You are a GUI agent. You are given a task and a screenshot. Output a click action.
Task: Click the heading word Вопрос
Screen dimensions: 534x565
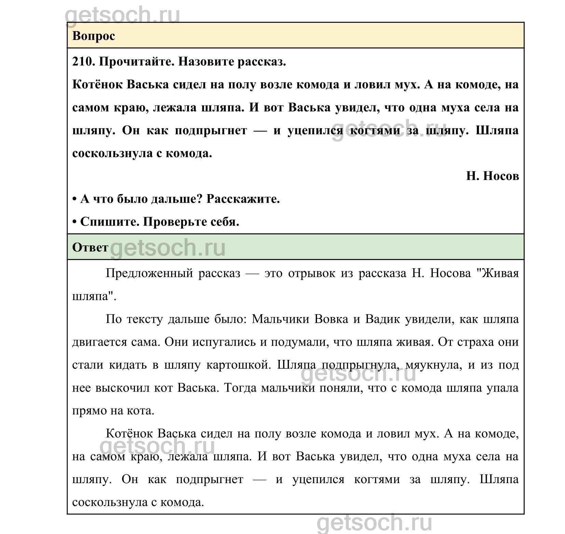click(x=94, y=36)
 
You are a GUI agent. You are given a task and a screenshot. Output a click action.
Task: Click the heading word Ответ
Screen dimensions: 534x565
click(x=90, y=247)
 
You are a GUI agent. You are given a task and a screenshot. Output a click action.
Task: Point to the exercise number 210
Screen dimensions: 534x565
click(x=82, y=62)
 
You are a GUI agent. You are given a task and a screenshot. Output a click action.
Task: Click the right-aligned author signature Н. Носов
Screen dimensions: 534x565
click(x=492, y=176)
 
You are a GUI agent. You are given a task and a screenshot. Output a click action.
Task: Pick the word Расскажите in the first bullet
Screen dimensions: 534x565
click(x=243, y=199)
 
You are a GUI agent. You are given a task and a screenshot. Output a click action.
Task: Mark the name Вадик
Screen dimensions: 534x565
click(x=381, y=319)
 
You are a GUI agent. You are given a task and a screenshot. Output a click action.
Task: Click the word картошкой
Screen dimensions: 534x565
click(x=239, y=365)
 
